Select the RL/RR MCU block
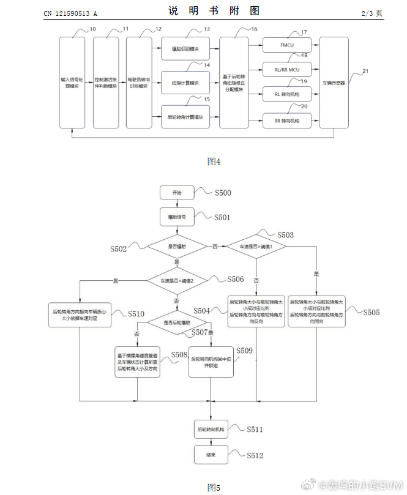[x=286, y=69]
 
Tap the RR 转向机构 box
[x=286, y=121]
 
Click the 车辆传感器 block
[x=334, y=82]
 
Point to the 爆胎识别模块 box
[x=185, y=48]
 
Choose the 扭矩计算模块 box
[x=185, y=83]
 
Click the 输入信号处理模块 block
[x=71, y=82]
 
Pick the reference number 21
[x=365, y=71]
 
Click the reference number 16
[x=254, y=29]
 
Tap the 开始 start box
[x=177, y=193]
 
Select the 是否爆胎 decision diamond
[x=177, y=246]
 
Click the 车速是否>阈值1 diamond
[x=256, y=246]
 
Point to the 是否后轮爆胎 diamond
[x=177, y=322]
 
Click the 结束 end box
[x=212, y=454]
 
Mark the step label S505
[x=371, y=313]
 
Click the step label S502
[x=119, y=249]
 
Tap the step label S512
[x=255, y=455]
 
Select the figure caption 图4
[x=214, y=162]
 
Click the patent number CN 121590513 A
[x=70, y=13]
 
